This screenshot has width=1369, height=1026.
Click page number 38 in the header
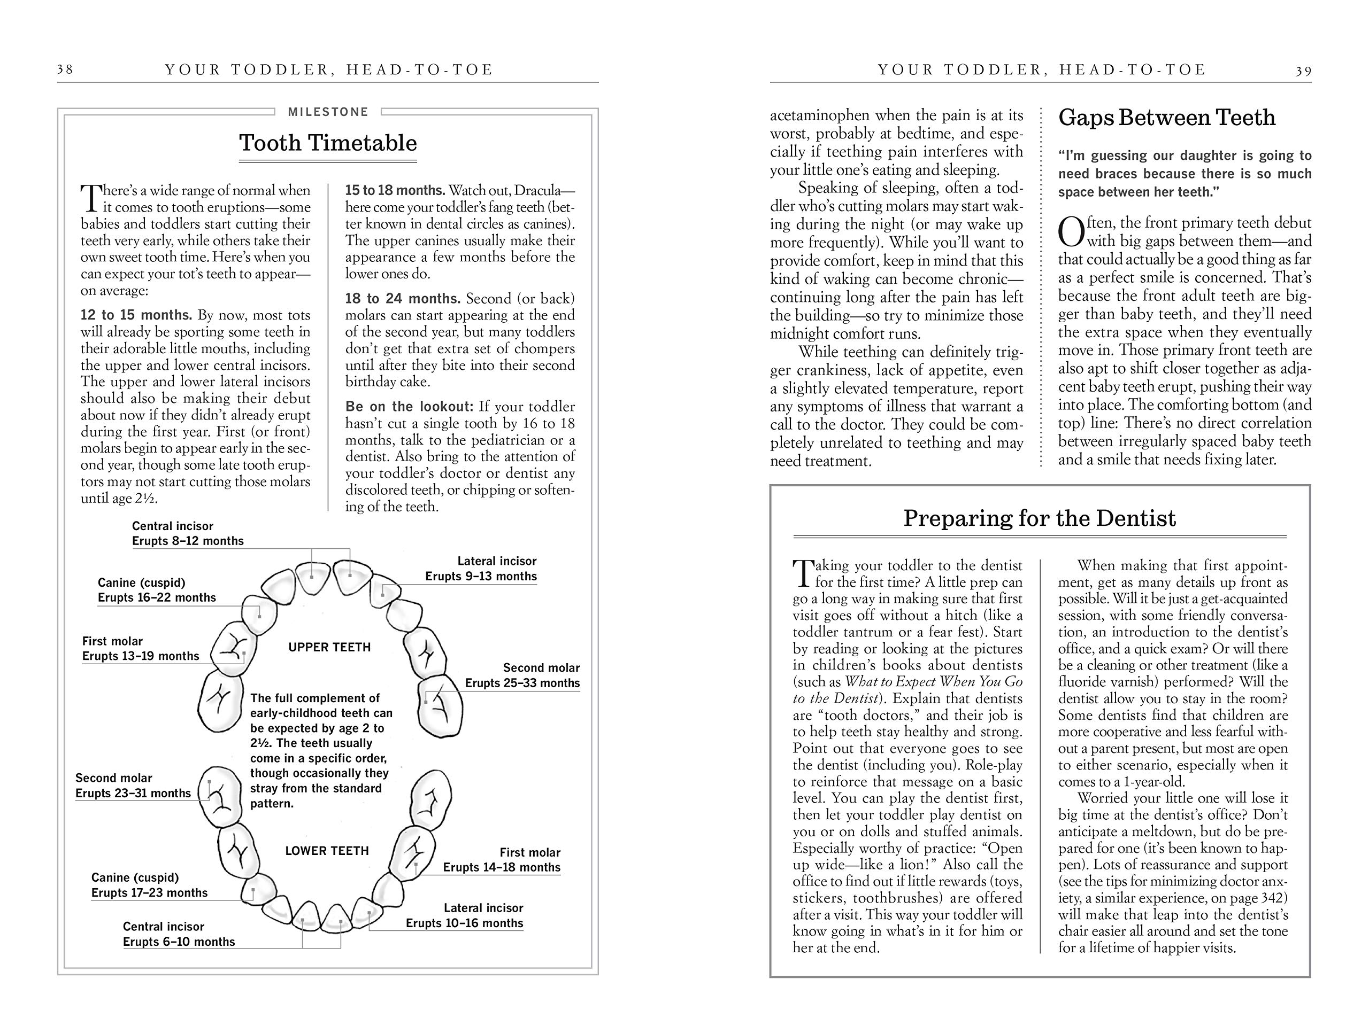pyautogui.click(x=65, y=69)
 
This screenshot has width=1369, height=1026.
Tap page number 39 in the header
pyautogui.click(x=1303, y=71)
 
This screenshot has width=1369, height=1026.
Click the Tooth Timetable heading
pyautogui.click(x=328, y=143)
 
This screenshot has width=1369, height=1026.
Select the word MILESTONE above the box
pyautogui.click(x=328, y=112)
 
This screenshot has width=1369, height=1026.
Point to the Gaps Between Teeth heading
pyautogui.click(x=1167, y=118)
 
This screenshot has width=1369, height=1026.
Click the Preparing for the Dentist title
pyautogui.click(x=1039, y=518)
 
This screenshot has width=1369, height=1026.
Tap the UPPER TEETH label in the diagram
pyautogui.click(x=329, y=648)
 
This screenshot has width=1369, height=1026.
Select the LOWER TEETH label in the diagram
pyautogui.click(x=327, y=851)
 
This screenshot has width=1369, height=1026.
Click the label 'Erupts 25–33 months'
pyautogui.click(x=522, y=683)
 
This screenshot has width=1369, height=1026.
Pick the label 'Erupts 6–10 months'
pyautogui.click(x=179, y=942)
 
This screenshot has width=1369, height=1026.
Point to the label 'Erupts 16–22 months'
pyautogui.click(x=157, y=598)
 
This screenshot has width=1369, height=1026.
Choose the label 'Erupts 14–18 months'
pyautogui.click(x=501, y=868)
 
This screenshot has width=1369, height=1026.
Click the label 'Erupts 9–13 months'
pyautogui.click(x=481, y=577)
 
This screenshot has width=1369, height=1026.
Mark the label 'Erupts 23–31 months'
pyautogui.click(x=133, y=794)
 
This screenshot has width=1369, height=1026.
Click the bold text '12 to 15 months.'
pyautogui.click(x=136, y=315)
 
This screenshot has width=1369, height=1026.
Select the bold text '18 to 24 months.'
pyautogui.click(x=402, y=299)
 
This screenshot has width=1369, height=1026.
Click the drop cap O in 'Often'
pyautogui.click(x=1071, y=232)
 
